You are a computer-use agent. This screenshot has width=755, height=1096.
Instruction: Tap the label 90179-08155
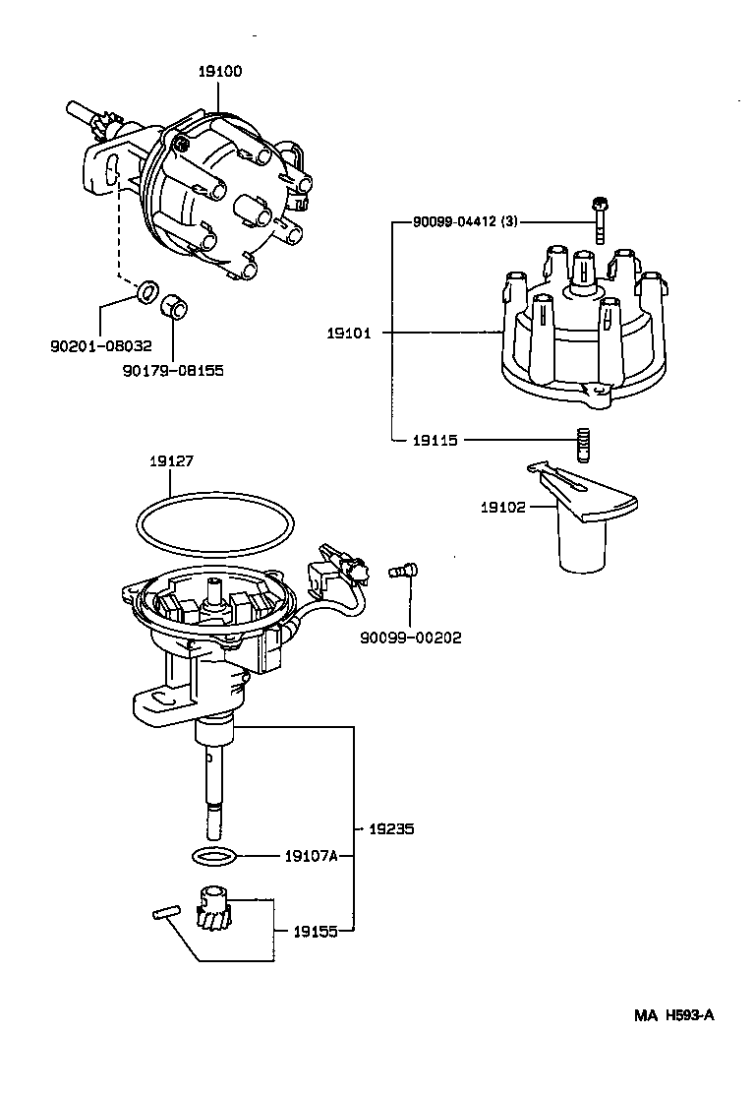coord(173,370)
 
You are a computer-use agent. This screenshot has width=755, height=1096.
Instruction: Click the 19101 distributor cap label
coord(348,334)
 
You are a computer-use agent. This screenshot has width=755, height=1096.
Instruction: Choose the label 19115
coord(436,440)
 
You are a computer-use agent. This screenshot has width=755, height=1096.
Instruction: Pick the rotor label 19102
coord(502,508)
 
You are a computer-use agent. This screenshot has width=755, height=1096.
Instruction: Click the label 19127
coord(171,459)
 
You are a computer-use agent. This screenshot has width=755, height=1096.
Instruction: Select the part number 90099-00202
coord(412,637)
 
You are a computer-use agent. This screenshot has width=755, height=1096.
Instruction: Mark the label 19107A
coord(311,856)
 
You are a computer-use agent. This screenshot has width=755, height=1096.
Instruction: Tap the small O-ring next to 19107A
coord(213,856)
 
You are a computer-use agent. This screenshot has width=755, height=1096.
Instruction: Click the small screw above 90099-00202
coord(404,569)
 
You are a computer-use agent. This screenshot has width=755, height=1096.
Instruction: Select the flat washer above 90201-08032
coord(147,290)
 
